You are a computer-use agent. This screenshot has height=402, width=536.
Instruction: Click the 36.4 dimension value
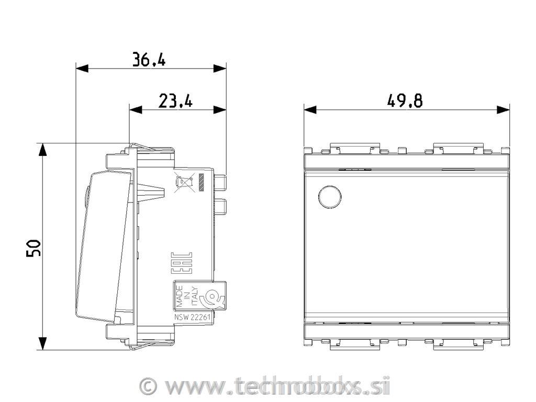(149, 60)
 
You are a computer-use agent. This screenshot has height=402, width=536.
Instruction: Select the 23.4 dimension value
(175, 100)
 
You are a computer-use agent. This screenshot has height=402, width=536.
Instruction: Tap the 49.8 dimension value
(405, 100)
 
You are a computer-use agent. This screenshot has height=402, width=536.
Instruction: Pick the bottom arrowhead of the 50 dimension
(42, 343)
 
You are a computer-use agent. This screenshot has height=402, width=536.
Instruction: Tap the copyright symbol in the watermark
(149, 386)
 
